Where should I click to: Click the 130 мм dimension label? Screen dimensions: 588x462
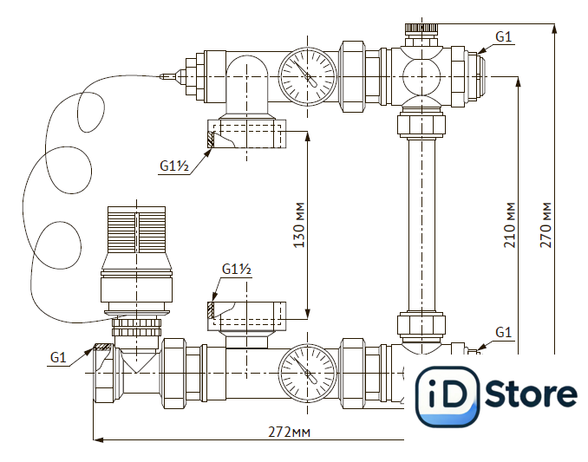click(x=299, y=225)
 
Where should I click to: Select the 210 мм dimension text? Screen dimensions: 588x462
click(x=510, y=225)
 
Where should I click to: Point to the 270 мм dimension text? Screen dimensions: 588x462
click(x=546, y=225)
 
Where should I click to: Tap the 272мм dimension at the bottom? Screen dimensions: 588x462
click(x=289, y=432)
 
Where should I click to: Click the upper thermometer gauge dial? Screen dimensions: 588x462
click(x=308, y=76)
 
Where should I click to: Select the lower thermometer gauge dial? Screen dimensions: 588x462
click(x=308, y=374)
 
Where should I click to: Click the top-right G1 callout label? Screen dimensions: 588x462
click(x=503, y=36)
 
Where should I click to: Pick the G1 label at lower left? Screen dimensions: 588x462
click(x=58, y=357)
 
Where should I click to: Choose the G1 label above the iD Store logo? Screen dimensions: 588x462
click(x=503, y=332)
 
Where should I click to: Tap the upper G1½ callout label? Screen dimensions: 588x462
click(x=174, y=166)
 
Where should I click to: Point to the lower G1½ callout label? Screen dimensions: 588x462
click(x=237, y=269)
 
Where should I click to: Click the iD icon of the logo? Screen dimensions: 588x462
click(x=448, y=396)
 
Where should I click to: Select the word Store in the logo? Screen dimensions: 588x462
click(x=531, y=394)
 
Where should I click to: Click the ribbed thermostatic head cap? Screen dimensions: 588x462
click(x=136, y=229)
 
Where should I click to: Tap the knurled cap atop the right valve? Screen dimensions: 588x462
click(x=421, y=28)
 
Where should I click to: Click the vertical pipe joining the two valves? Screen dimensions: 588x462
click(x=421, y=224)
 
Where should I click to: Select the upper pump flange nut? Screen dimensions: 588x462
click(x=247, y=133)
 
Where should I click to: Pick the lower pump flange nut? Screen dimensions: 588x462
click(x=247, y=316)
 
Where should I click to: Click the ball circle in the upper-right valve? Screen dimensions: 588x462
click(x=421, y=76)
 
